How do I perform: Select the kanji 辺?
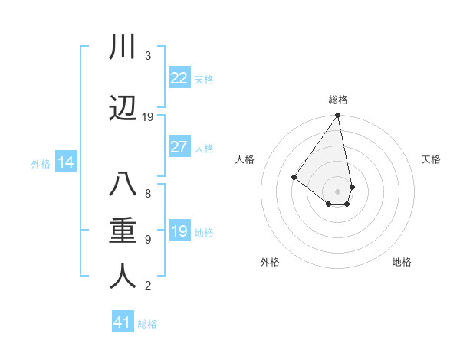tap(123, 108)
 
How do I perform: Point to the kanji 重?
tap(123, 231)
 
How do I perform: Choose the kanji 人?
tap(123, 277)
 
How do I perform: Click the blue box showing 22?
tap(179, 78)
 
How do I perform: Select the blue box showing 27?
tap(179, 147)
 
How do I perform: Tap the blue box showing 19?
tap(179, 231)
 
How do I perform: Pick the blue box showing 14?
tap(65, 162)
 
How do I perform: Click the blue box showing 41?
tap(123, 322)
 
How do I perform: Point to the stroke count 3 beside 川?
tap(148, 56)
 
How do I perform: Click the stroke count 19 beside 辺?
tap(148, 117)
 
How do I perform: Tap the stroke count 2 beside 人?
tap(148, 286)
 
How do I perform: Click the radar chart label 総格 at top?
tap(338, 100)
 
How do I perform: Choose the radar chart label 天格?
tap(431, 159)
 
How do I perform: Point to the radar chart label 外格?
tap(270, 262)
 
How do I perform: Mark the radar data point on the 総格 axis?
tap(338, 116)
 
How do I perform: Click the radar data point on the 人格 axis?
tap(294, 177)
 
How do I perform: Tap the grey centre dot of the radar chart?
tap(338, 191)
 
